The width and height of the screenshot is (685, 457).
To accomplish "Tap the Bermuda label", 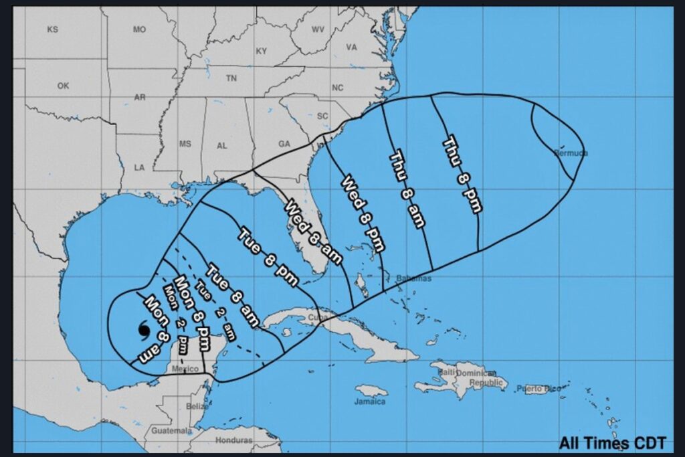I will point(571,153).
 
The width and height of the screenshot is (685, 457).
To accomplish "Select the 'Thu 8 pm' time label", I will point(463,174).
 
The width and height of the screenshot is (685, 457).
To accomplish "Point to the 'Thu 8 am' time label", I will point(407,189).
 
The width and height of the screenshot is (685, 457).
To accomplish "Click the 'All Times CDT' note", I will point(613,442).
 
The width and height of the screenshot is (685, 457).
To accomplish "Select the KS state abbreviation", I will point(52,29).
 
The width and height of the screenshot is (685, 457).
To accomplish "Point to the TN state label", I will point(231,78).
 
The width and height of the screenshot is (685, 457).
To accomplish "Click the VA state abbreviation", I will point(352,47).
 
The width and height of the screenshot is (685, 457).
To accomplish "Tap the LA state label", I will point(139,167).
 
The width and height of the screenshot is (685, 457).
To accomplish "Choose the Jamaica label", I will point(370,401).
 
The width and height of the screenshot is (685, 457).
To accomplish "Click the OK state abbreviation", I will point(63,86).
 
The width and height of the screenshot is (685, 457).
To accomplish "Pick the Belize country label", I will point(197,406).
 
